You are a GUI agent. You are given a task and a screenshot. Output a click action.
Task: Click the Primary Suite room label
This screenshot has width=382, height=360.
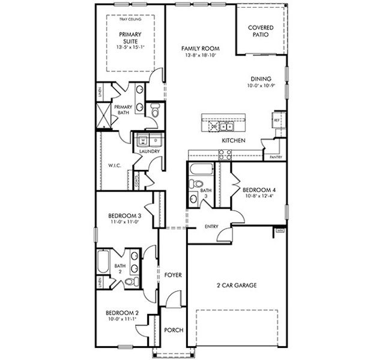click(130, 38)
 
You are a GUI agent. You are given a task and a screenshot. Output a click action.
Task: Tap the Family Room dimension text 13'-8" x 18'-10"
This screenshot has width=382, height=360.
click(201, 55)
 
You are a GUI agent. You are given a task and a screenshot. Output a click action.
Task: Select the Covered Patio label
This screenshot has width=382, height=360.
click(261, 31)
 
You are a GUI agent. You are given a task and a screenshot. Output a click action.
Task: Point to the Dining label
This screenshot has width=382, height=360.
click(261, 79)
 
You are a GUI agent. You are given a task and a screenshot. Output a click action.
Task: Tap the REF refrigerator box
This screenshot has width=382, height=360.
click(277, 119)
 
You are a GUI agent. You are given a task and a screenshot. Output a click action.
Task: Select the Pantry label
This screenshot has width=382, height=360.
click(276, 157)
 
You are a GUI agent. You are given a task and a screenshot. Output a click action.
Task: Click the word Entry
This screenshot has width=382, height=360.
click(211, 226)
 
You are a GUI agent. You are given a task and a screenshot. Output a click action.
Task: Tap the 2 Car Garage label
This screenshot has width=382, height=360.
click(237, 286)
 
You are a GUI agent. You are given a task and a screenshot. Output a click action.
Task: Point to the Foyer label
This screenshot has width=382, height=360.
click(173, 275)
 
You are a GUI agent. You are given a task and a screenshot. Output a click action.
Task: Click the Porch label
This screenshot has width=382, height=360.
click(173, 330)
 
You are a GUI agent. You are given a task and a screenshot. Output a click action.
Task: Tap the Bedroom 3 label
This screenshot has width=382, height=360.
click(124, 216)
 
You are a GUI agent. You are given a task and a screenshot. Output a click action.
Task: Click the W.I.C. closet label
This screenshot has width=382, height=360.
click(115, 165)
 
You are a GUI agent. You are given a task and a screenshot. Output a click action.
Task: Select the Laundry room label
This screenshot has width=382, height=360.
click(149, 151)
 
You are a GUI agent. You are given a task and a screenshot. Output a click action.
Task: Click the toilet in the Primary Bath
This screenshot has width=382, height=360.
click(154, 111)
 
